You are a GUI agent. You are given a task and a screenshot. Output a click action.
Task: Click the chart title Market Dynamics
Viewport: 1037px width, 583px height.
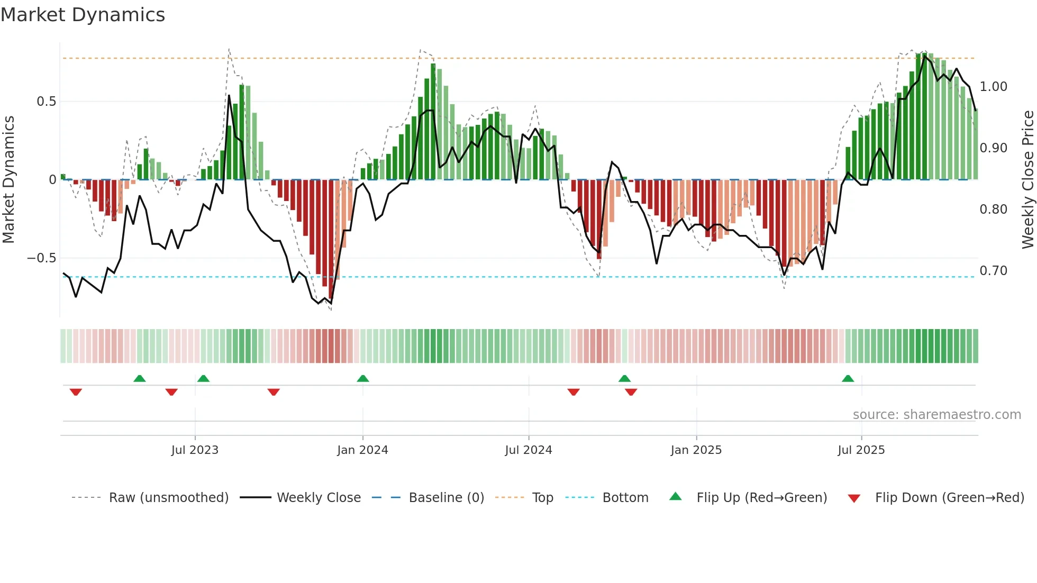point(83,15)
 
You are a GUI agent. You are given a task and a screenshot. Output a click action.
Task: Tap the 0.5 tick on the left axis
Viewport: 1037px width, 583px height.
point(46,102)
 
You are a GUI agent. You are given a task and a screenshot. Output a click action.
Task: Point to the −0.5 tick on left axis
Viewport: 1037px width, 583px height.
point(42,258)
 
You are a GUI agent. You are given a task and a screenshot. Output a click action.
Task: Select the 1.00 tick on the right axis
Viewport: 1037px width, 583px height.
point(993,87)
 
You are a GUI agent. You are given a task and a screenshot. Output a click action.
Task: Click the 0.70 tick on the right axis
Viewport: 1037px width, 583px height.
point(993,271)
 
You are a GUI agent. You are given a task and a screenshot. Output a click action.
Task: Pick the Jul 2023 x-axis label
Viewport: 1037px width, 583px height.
point(195,450)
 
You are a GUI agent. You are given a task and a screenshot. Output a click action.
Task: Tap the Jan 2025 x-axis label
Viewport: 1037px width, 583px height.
point(696,450)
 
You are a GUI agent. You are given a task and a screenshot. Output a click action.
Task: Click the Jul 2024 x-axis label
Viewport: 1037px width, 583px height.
point(528,450)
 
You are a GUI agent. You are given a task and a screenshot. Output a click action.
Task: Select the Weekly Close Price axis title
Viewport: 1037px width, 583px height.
point(1027,179)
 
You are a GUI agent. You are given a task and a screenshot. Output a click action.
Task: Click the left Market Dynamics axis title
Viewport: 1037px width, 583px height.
point(9,179)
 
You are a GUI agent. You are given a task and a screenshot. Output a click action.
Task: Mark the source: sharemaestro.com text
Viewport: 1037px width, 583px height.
point(936,415)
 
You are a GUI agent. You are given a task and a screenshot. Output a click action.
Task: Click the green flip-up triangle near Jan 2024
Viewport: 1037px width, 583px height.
point(362,378)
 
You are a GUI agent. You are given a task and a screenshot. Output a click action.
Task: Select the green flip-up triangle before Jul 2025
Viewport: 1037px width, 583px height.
point(848,378)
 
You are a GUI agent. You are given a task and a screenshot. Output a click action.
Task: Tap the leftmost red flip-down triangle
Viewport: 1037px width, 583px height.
point(76,392)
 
